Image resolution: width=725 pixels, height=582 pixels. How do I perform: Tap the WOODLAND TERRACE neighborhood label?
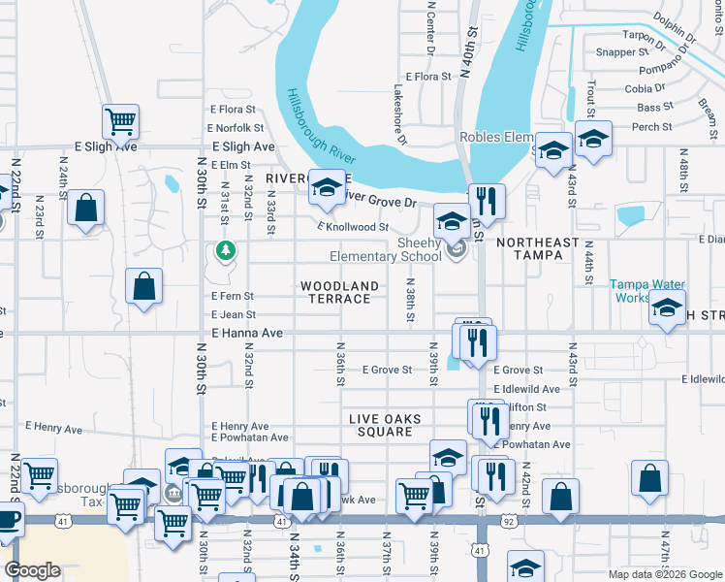click(x=339, y=292)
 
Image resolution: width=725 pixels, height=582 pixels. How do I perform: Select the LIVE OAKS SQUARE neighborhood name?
click(x=386, y=425)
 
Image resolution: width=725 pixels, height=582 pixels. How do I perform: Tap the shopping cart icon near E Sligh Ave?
click(x=121, y=121)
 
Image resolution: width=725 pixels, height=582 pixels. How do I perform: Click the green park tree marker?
click(x=226, y=251)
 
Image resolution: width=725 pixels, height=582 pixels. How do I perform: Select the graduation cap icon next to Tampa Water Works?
click(x=667, y=307)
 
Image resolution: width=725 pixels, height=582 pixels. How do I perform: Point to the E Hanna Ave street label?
click(x=247, y=333)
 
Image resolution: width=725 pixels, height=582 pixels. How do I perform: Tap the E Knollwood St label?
click(x=353, y=227)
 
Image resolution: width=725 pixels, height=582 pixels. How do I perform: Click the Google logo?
click(x=33, y=570)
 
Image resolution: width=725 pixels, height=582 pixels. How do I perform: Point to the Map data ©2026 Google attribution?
click(x=665, y=574)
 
